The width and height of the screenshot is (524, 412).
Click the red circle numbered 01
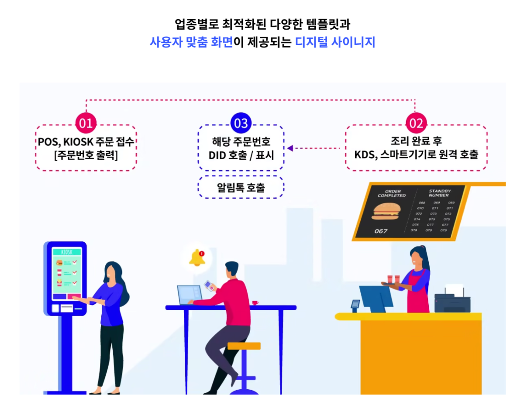click(86, 123)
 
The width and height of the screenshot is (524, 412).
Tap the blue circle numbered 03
click(241, 123)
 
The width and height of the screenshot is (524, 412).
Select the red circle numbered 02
click(416, 123)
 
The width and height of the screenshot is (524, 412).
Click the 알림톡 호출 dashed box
click(241, 188)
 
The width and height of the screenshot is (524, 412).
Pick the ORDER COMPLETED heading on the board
click(392, 193)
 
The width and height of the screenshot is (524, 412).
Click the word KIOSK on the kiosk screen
click(67, 252)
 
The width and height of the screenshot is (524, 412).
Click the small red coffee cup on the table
click(255, 302)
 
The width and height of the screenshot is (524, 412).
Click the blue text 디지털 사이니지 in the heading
click(335, 42)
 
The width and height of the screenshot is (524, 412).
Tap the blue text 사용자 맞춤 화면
click(191, 42)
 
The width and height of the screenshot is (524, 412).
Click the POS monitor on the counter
click(376, 296)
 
